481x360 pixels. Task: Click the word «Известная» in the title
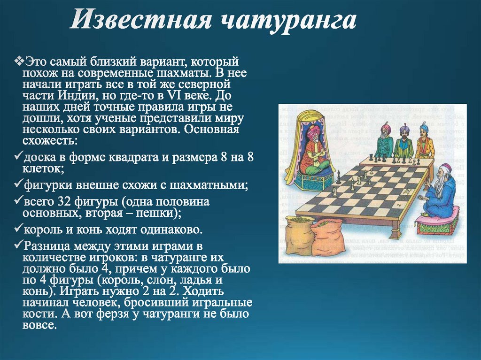pyautogui.click(x=141, y=21)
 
